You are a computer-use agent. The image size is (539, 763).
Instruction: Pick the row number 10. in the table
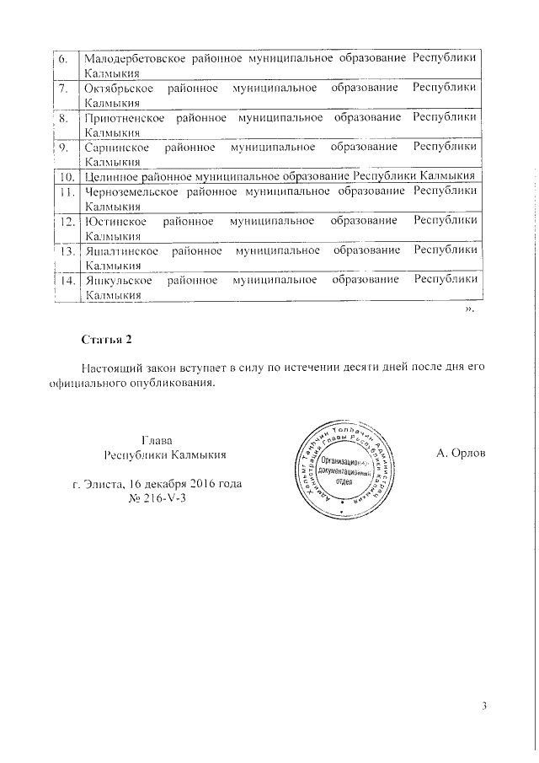66,176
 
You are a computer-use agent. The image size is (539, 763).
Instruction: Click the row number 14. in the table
66,280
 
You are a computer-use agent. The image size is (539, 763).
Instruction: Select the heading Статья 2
107,340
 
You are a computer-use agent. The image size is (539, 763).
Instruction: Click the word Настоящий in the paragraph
113,368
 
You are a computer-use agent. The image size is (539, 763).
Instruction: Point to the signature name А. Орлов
460,455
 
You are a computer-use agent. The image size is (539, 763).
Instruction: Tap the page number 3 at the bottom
484,706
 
